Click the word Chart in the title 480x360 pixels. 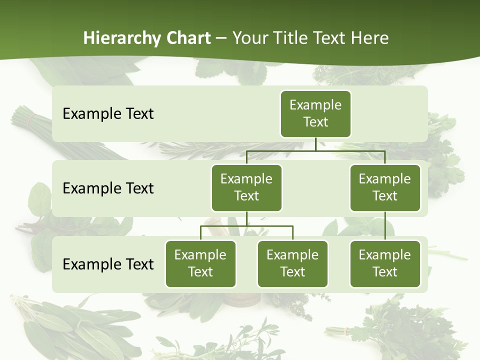[189, 38]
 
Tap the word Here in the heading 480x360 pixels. [369, 38]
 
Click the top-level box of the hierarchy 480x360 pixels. [315, 113]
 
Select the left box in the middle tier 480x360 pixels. [246, 187]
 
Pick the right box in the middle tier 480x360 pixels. [385, 187]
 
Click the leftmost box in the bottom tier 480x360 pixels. [200, 263]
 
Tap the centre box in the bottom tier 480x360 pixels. [292, 263]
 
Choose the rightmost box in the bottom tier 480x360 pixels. [385, 263]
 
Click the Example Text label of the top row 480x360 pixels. [108, 114]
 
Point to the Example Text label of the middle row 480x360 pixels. [108, 188]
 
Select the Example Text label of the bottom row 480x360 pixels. [108, 264]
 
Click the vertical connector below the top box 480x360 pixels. [315, 144]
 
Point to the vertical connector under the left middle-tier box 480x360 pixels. [246, 218]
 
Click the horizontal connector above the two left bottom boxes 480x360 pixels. [246, 226]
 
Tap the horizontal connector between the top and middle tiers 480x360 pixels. [315, 150]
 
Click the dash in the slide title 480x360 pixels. [221, 38]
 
